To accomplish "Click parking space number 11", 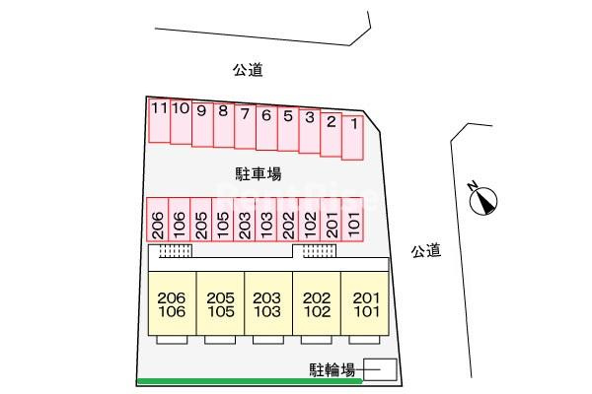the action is coord(159,120).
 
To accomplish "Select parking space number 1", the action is coord(352,138).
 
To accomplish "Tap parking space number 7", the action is coord(245,127).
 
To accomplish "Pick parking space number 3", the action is coord(310,131).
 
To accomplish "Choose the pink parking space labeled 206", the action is coord(158,220).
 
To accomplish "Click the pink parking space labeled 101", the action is coord(352,220).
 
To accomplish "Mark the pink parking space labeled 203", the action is coord(245,220).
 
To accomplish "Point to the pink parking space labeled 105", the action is coord(223,220).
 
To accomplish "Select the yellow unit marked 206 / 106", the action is coord(172,303).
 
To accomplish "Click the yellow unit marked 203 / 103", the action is coord(268,303).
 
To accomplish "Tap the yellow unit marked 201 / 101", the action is coord(365,303).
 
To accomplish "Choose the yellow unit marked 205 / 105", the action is coord(220,303).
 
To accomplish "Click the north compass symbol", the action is coord(482,201).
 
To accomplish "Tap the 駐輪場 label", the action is coord(333,370).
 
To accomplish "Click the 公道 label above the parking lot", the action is coord(248,70).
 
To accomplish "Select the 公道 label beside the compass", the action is coord(426,251).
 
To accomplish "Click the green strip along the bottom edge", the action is coord(250,381).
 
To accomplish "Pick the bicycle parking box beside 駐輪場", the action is coord(380,369).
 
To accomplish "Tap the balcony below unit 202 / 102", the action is coord(317,340).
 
